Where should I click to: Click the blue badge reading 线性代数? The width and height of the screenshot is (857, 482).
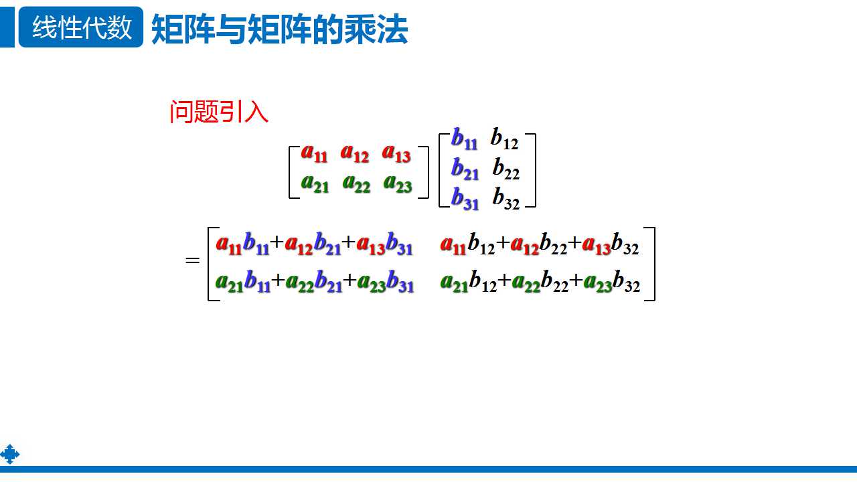click(81, 27)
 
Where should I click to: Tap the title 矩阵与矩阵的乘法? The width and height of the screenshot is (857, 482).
click(280, 30)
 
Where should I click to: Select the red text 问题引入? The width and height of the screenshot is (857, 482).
click(219, 112)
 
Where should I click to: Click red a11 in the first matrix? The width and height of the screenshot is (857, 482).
click(314, 153)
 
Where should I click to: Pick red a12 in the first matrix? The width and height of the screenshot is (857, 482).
click(355, 153)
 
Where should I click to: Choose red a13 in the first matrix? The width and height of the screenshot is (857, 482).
click(396, 153)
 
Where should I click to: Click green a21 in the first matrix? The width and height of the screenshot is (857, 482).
click(315, 183)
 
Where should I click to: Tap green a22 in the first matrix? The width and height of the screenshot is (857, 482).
click(356, 183)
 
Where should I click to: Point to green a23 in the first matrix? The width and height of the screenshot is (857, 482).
click(398, 183)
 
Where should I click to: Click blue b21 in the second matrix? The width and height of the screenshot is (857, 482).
click(465, 169)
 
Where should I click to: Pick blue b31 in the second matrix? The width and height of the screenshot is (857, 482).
click(465, 198)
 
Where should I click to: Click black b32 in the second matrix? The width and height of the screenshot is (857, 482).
click(506, 198)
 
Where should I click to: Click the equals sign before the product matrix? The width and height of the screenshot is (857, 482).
click(193, 260)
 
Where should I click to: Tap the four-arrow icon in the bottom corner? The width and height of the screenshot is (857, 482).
click(10, 455)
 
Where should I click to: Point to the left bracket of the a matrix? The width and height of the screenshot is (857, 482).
click(293, 172)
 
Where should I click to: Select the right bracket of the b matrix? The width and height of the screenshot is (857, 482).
click(532, 170)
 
